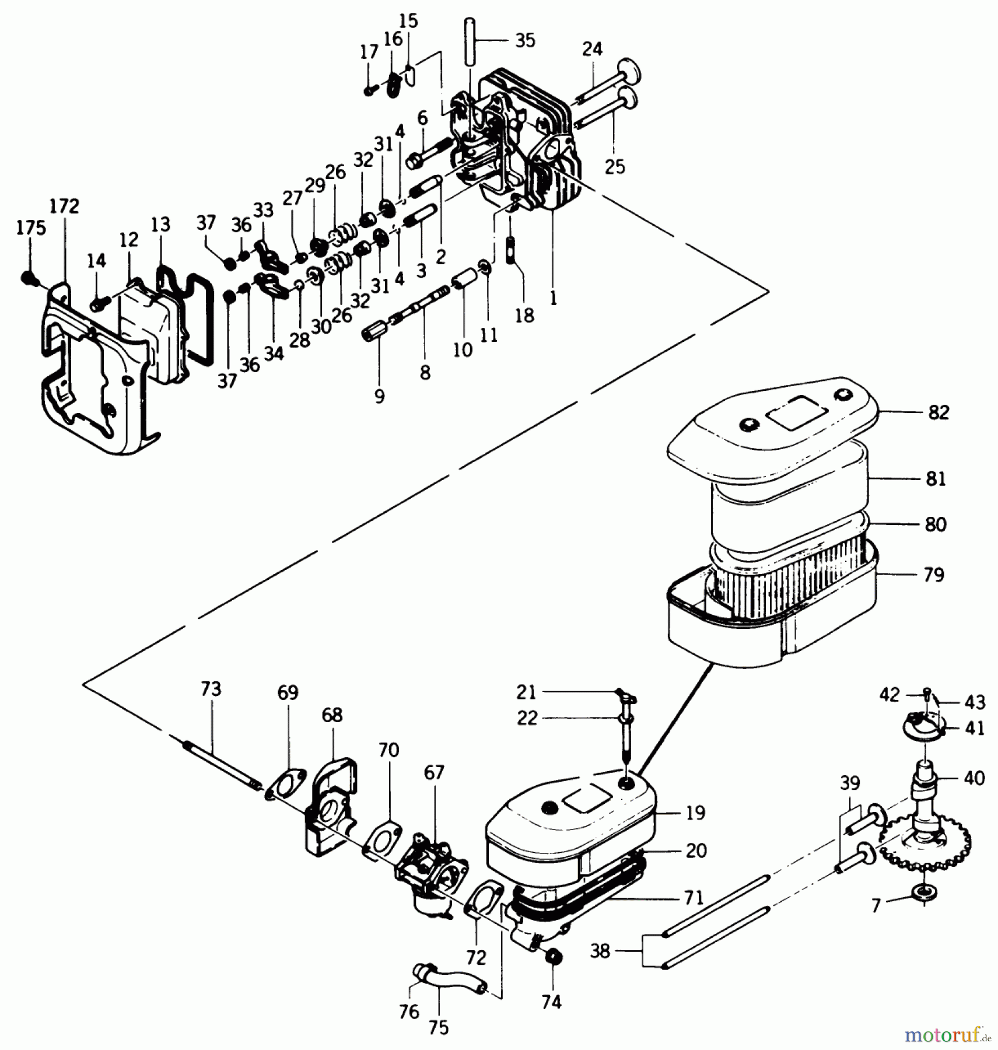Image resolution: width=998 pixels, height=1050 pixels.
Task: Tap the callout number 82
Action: tap(938, 412)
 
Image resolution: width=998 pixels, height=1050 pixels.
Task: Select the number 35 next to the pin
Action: tap(525, 40)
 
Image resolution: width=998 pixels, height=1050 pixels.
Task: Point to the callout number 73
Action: tap(211, 689)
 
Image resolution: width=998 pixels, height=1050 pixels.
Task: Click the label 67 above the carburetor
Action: tap(434, 773)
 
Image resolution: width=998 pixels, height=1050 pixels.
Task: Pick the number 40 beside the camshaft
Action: tap(974, 778)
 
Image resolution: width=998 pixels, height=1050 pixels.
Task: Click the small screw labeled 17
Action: tap(369, 90)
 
